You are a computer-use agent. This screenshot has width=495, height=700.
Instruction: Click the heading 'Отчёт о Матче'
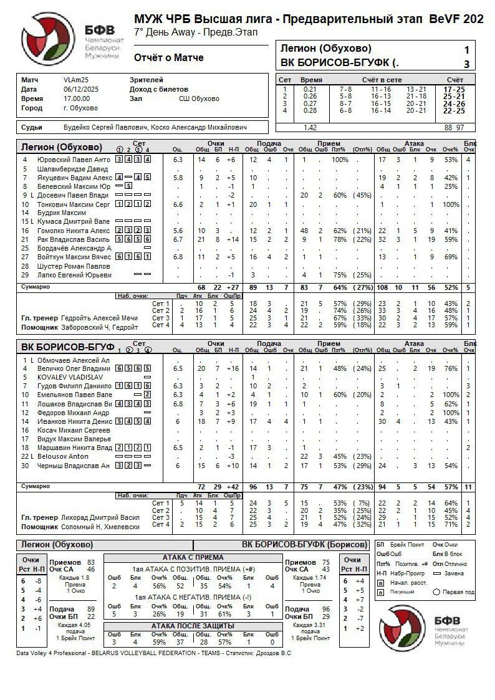pos(168,58)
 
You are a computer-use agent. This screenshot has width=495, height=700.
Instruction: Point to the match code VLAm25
pos(76,80)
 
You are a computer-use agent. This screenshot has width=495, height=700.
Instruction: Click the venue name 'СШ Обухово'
pos(199,98)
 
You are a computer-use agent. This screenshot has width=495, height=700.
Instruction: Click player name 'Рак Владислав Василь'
pos(74,239)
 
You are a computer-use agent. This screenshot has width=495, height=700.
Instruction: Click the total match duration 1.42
pos(310,128)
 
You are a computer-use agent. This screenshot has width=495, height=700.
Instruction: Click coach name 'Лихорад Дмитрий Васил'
pos(100,517)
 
